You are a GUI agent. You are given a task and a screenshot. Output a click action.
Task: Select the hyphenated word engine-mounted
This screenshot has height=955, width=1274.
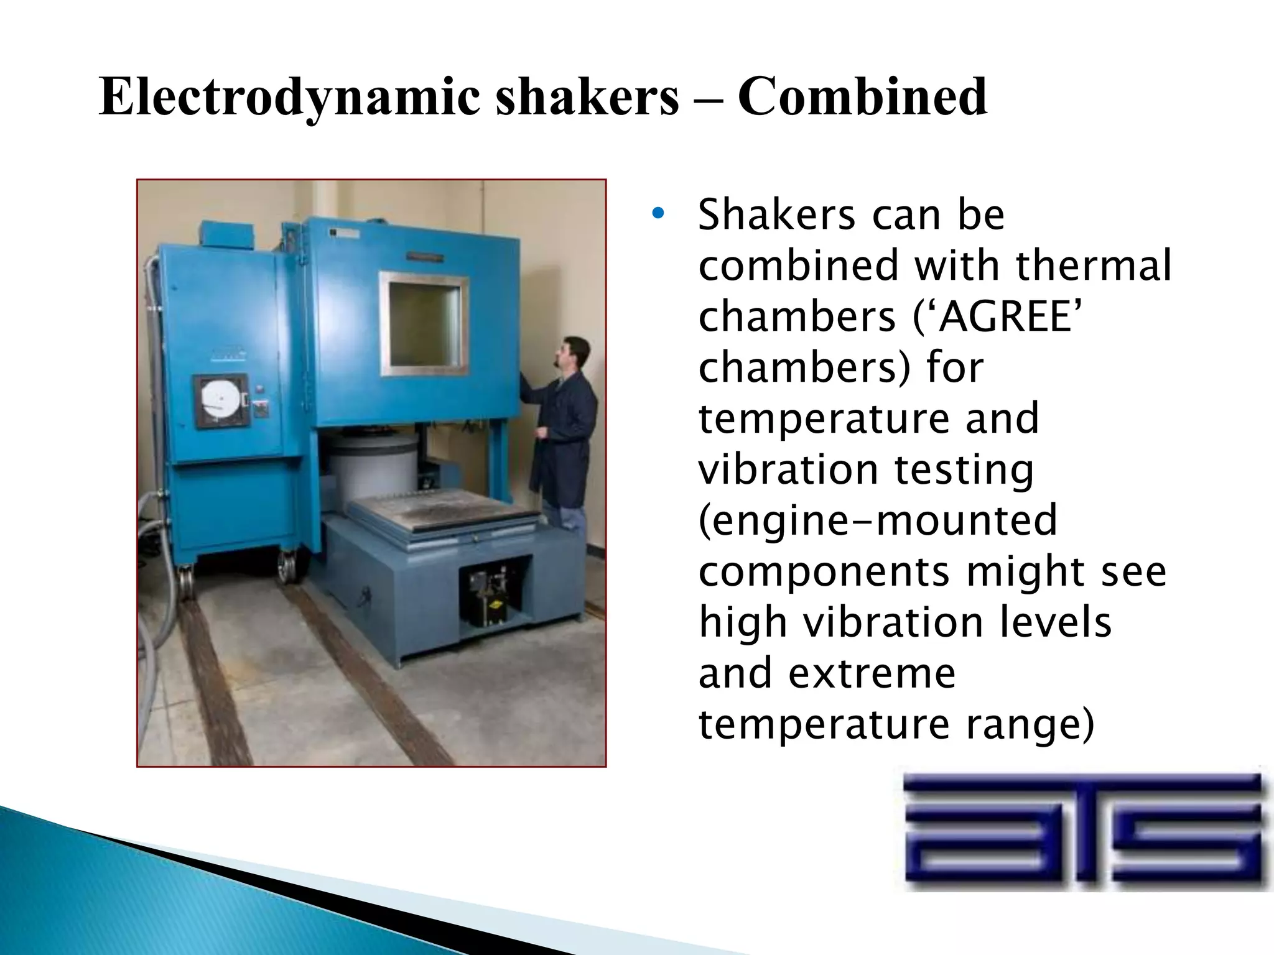(x=878, y=520)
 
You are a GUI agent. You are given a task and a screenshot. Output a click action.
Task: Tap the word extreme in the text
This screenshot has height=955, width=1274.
(x=872, y=673)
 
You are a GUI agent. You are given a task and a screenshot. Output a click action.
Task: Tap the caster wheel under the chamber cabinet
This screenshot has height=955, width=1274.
(x=287, y=566)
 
